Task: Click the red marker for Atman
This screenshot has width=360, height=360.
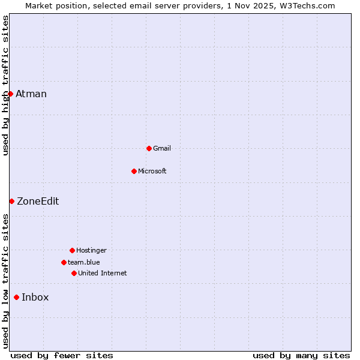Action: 10,94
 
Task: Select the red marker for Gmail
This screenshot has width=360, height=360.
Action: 149,148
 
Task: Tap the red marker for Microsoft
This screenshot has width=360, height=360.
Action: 134,171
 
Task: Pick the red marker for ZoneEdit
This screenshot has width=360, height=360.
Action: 11,201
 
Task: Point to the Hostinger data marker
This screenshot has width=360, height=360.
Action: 72,250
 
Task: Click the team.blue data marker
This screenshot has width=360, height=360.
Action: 64,262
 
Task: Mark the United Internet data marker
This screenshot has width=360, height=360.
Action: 74,273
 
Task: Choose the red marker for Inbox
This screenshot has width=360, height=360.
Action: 16,297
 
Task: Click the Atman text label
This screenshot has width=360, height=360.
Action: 31,94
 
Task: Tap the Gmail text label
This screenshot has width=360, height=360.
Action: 162,148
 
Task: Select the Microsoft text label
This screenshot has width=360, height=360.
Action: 152,171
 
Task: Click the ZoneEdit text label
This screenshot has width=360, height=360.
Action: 38,201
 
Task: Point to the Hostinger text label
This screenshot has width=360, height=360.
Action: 91,250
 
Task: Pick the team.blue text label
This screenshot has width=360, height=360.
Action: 84,262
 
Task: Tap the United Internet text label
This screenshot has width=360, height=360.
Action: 103,273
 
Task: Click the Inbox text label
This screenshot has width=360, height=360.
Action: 35,297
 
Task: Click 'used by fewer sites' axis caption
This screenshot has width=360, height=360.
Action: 62,355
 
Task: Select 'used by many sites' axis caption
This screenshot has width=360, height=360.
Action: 301,355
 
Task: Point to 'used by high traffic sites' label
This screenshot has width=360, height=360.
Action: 5,85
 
